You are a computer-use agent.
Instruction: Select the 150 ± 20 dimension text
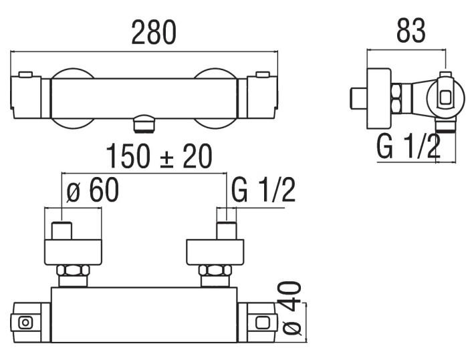pos(159,156)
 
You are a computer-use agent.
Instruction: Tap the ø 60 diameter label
pos(94,191)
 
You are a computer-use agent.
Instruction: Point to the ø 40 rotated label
pos(289,308)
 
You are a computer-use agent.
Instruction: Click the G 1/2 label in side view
pos(408,146)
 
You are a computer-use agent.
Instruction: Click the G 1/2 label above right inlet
pos(263,191)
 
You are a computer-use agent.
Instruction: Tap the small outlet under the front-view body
pos(144,124)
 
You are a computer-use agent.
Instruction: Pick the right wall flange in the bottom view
pos(215,250)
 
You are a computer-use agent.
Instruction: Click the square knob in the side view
pos(445,98)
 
